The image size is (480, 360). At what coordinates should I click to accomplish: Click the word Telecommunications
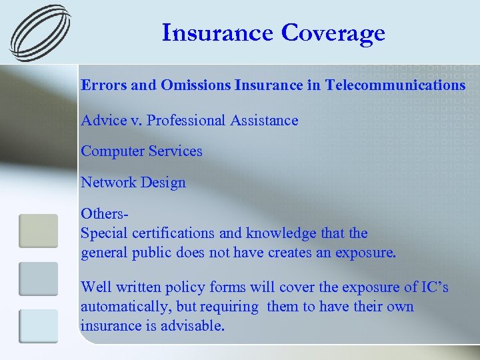395,85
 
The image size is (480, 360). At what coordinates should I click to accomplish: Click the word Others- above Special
104,214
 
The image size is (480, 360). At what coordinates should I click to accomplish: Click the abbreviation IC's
433,287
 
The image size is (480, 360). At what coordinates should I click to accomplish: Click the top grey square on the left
38,231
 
